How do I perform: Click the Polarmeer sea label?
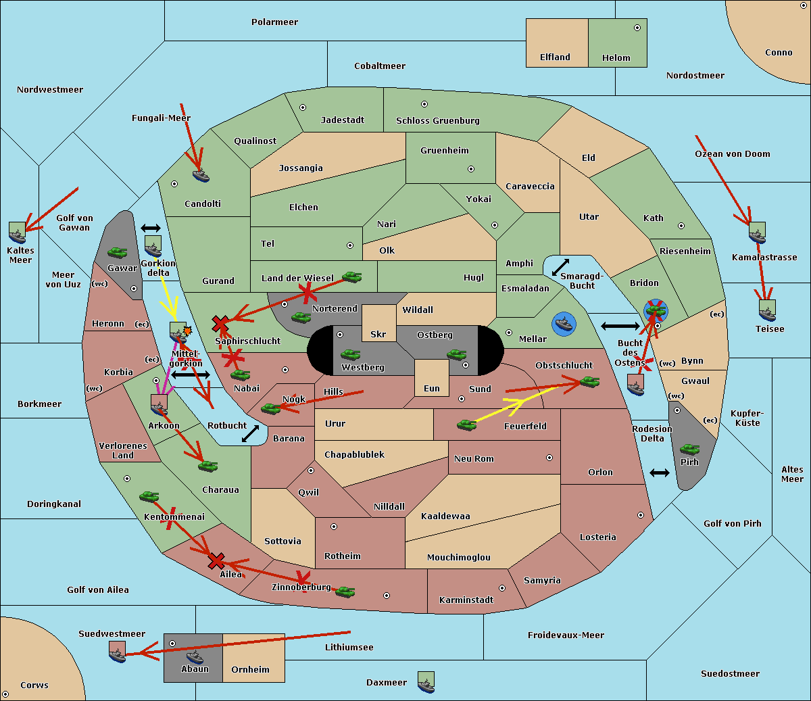click(x=274, y=22)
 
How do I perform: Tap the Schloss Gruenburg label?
click(x=438, y=120)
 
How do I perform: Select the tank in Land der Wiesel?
click(x=351, y=277)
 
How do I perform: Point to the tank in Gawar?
click(x=118, y=252)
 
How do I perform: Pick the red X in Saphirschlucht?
click(x=220, y=324)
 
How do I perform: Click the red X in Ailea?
click(x=216, y=561)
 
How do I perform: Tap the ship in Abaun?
click(x=195, y=656)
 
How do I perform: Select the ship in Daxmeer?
click(x=426, y=682)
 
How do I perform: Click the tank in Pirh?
click(x=689, y=450)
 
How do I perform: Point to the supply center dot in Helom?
click(x=637, y=28)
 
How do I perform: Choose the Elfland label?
click(x=555, y=57)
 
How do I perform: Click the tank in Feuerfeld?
click(x=466, y=425)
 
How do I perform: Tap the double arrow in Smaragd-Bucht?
click(x=560, y=267)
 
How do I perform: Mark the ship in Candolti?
click(x=201, y=176)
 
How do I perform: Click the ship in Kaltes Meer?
click(x=18, y=233)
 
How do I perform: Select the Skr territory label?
click(x=378, y=334)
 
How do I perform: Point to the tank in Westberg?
click(x=350, y=355)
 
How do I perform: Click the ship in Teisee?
click(x=767, y=311)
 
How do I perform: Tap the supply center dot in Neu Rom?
click(x=549, y=458)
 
